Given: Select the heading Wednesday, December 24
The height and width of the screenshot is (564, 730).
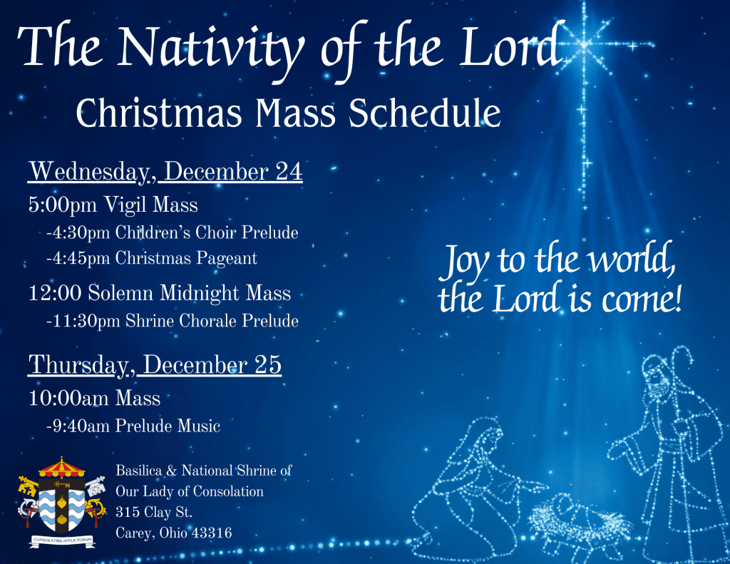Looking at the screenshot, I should (165, 173).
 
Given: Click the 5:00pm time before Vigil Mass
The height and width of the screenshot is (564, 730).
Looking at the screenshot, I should (63, 205).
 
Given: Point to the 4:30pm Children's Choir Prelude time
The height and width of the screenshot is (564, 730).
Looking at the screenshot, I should (78, 233).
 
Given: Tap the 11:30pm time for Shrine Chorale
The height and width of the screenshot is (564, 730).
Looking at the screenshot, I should (83, 321).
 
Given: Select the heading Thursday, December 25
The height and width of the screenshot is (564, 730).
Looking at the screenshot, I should (155, 364).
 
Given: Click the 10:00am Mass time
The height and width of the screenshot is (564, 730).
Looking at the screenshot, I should (70, 398).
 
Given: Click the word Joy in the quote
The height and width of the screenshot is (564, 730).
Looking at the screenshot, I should (466, 262).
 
